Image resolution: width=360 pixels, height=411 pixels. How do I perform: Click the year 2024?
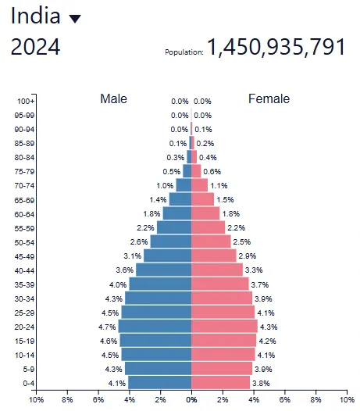tap(35, 48)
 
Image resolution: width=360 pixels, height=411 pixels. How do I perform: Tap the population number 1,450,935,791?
tap(276, 48)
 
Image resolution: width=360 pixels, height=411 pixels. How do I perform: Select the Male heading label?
tap(113, 99)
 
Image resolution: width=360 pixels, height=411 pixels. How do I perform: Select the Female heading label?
tap(269, 99)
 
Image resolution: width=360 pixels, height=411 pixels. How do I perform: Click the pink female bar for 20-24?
tap(224, 326)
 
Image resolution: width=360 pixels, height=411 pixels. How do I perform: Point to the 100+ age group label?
tap(25, 101)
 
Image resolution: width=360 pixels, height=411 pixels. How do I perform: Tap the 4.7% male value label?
tap(106, 327)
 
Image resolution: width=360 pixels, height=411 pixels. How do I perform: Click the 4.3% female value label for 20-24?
tap(268, 327)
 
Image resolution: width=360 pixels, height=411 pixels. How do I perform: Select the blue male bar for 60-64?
tap(177, 213)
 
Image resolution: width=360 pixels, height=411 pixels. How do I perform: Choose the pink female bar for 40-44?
tap(217, 270)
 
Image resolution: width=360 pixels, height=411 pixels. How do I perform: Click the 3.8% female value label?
tap(262, 383)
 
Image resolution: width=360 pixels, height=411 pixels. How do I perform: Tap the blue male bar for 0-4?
tap(159, 382)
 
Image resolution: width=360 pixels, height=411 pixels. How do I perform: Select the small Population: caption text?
tap(184, 52)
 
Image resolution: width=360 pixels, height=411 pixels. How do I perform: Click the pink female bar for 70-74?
tap(200, 185)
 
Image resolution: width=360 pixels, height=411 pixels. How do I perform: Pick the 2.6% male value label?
tap(139, 242)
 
